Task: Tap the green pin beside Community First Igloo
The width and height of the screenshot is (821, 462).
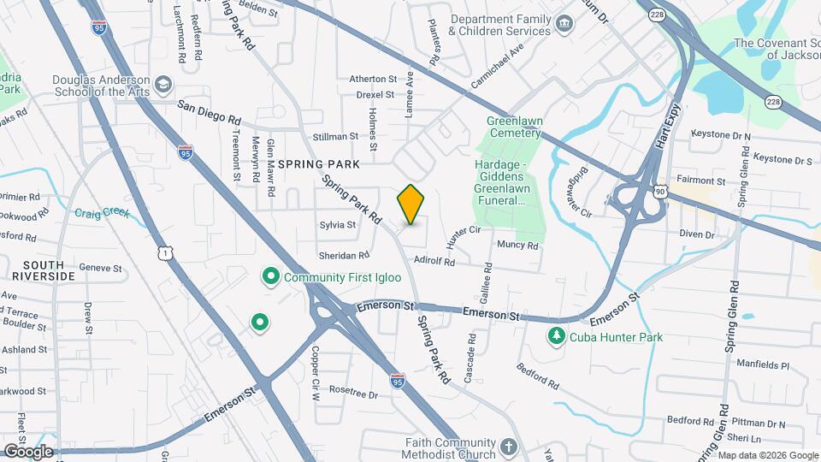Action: tap(271, 276)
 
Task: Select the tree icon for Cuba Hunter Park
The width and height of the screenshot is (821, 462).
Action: tap(557, 336)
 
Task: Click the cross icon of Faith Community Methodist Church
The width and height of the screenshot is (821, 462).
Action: tap(508, 447)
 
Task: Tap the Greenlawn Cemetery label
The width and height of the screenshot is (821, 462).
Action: tap(513, 127)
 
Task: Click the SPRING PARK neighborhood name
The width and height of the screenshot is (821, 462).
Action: tap(317, 163)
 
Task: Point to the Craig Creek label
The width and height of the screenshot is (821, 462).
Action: tap(101, 213)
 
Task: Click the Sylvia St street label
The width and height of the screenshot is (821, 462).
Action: tap(337, 225)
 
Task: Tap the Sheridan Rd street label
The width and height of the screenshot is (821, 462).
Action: tap(344, 254)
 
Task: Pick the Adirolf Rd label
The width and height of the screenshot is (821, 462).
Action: tap(434, 262)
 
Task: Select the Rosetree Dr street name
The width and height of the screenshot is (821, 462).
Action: tap(353, 394)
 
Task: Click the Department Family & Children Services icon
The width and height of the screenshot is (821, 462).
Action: tap(564, 23)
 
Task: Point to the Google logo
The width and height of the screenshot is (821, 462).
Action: tap(28, 451)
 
